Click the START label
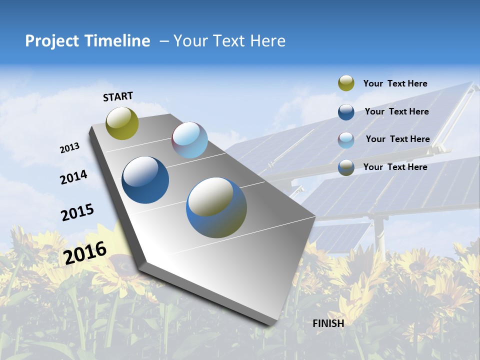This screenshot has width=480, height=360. pos(118,96)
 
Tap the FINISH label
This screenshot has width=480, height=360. pos(328,323)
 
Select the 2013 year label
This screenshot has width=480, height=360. pos(70,148)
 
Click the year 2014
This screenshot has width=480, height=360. pos(73,177)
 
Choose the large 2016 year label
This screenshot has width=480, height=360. pos(85,252)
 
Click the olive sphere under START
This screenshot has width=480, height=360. pos(122,123)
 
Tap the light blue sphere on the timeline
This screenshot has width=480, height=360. pos(189,140)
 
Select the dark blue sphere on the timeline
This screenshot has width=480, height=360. pos(145,180)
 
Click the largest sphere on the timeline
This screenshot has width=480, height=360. pos(216,207)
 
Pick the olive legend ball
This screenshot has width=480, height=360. pos(346,83)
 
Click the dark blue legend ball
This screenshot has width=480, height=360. pos(346,111)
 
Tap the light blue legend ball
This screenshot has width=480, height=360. pos(346,139)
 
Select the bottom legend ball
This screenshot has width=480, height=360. pos(346,167)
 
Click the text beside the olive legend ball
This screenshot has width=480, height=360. pos(395,83)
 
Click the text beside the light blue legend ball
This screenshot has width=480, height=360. pos(397,139)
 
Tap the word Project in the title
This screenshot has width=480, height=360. pos(52,41)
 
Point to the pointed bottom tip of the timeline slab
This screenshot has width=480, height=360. pos(270,323)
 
